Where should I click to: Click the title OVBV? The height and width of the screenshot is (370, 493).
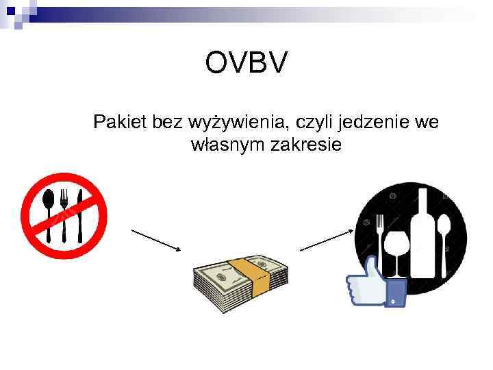246,65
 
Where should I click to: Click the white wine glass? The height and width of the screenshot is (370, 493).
396,250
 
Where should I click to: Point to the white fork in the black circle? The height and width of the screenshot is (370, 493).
379,233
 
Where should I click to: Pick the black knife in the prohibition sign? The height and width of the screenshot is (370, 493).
80,212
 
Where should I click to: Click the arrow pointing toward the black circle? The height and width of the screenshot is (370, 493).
326,241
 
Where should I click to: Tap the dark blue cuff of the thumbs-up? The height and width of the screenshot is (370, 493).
397,293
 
